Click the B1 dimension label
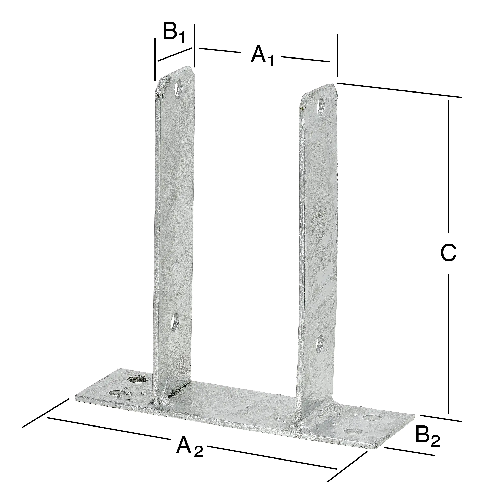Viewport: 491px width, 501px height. click(x=174, y=32)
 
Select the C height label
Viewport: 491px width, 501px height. click(x=448, y=252)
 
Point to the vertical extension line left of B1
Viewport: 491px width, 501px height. click(x=155, y=59)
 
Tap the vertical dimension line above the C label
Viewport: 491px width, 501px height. click(x=449, y=165)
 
